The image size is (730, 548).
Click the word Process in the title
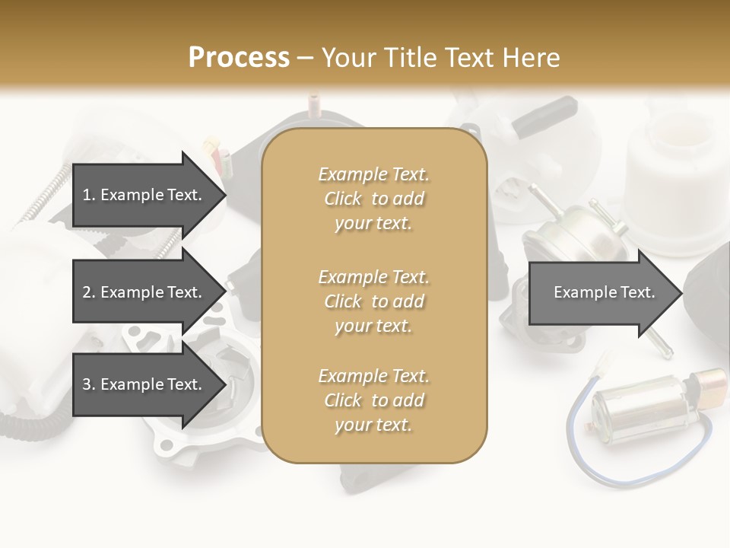[x=239, y=57]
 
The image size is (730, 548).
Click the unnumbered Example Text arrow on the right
[x=604, y=293]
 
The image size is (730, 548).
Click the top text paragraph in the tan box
[x=373, y=199]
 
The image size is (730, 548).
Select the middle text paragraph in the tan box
[x=373, y=301]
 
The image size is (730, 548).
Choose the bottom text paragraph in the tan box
[x=373, y=400]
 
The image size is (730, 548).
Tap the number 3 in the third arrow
[x=87, y=385]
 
